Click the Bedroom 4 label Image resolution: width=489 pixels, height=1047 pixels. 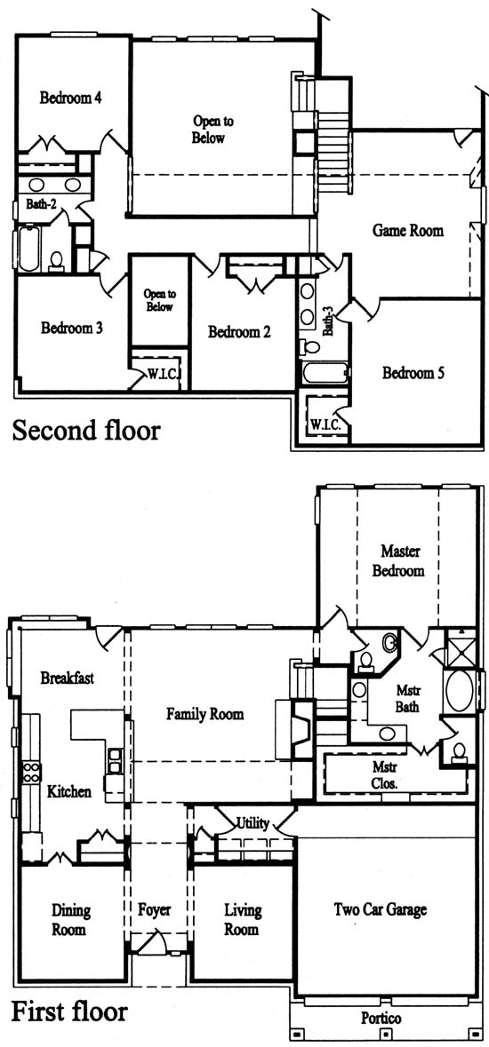70,99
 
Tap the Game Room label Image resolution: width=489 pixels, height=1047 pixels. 407,231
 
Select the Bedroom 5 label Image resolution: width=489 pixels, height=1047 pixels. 413,373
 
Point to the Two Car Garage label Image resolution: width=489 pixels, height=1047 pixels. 380,909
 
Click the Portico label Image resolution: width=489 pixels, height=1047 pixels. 381,1019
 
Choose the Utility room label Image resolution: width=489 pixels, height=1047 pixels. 253,823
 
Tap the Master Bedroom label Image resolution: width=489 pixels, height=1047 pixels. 398,561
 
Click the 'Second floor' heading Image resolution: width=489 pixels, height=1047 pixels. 86,430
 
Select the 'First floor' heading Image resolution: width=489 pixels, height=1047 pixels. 69,1011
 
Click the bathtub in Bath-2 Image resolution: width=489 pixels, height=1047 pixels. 28,249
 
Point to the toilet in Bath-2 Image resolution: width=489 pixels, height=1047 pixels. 57,260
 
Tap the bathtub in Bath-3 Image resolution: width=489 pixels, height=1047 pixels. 325,373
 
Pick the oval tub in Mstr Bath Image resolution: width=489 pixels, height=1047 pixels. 460,690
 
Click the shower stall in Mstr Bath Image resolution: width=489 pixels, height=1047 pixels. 461,647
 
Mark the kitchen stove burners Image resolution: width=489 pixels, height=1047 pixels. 31,773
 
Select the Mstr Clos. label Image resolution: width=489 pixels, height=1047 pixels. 386,775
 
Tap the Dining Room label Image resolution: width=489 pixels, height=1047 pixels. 72,919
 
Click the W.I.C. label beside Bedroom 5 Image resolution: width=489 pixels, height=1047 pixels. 326,424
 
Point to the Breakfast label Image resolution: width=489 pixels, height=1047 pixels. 67,678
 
